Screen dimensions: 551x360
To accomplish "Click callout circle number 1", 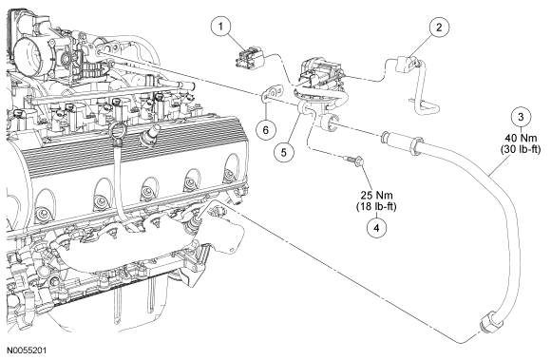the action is click(x=220, y=27).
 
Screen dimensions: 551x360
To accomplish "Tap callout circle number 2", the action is click(x=439, y=27).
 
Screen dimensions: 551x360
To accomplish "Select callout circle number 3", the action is click(x=521, y=117).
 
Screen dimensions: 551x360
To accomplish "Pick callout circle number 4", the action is click(x=376, y=228).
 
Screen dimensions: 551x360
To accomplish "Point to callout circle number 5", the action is click(x=283, y=152).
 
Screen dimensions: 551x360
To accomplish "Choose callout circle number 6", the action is click(x=265, y=130).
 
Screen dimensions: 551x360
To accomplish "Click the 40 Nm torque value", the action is click(x=521, y=138).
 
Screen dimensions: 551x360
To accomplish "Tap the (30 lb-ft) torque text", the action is click(x=521, y=149).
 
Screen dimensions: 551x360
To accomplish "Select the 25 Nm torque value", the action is click(x=376, y=195).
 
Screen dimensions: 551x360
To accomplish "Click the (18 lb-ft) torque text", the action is click(x=376, y=206).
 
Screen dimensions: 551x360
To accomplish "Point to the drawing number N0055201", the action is click(x=27, y=351).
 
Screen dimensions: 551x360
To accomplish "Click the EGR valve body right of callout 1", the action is click(x=318, y=74).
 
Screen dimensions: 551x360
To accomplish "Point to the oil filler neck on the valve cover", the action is click(x=149, y=136).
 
